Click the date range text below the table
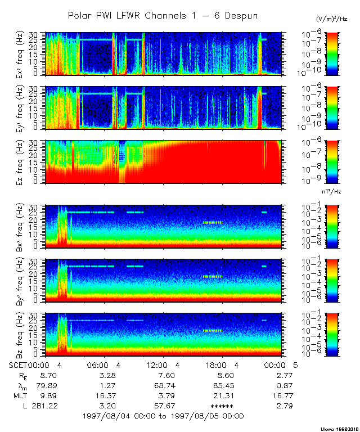(163, 416)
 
